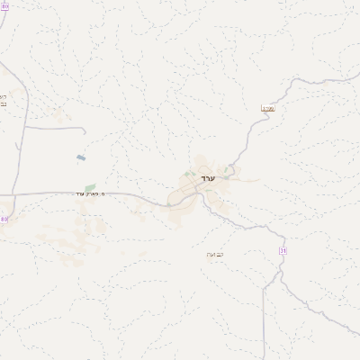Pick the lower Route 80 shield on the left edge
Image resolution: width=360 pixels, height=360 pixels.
[4, 219]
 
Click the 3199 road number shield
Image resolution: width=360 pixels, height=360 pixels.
[267, 108]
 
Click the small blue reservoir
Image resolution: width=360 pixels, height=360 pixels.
[81, 157]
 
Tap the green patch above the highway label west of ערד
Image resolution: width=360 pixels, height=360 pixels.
[90, 187]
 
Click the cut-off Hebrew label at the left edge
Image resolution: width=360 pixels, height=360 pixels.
[3, 100]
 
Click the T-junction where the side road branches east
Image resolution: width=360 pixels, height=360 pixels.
[22, 128]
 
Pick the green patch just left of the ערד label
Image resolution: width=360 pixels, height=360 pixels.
[187, 174]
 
